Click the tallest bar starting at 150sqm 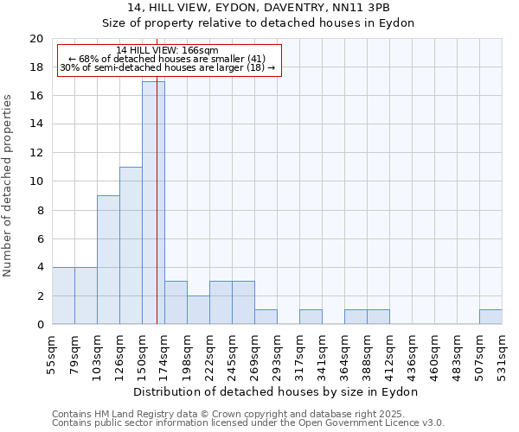coord(153,203)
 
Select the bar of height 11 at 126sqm coord(131,245)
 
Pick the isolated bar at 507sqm coord(490,317)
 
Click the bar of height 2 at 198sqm coord(198,310)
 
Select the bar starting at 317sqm coord(311,317)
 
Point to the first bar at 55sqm coord(63,295)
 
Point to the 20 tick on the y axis coord(35,39)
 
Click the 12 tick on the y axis coord(35,153)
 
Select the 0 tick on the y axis coord(39,324)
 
